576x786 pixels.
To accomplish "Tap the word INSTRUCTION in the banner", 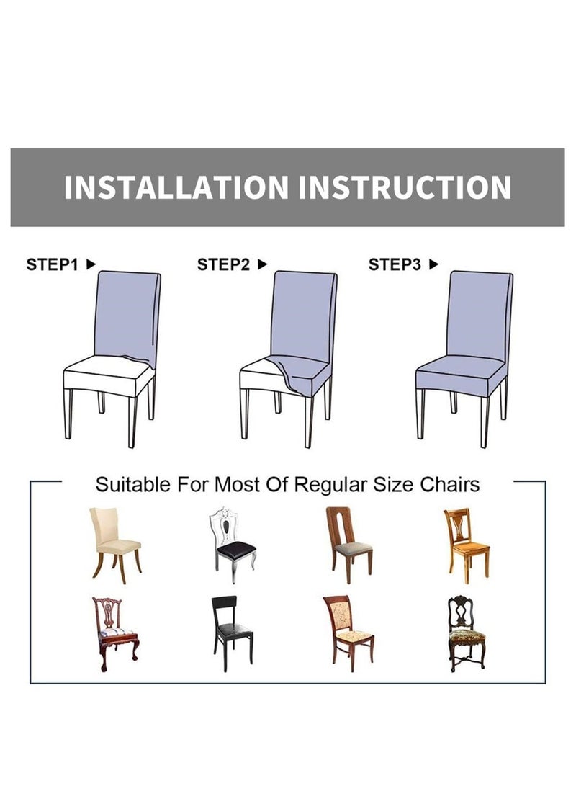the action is tap(405, 187).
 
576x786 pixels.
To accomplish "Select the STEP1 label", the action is tap(52, 264).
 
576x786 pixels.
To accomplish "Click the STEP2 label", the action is tap(223, 264).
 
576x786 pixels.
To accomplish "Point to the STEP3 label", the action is tap(395, 264).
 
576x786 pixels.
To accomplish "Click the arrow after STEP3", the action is tap(433, 264).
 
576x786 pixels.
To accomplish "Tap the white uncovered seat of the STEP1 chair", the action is tap(105, 368).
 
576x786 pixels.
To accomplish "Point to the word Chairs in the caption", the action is tap(449, 485).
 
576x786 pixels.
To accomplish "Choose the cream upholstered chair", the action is tap(115, 545).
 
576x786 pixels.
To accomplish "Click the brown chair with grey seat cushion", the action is tap(348, 545).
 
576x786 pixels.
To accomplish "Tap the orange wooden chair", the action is tap(466, 545).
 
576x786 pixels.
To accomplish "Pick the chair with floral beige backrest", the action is tap(348, 633).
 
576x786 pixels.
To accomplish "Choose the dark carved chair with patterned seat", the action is tap(467, 633).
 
